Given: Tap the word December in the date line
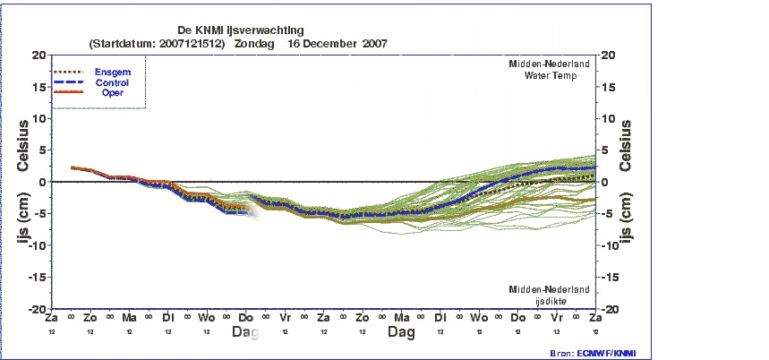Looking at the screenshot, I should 335,43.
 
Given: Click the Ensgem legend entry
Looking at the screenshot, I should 114,72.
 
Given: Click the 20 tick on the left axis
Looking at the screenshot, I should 38,55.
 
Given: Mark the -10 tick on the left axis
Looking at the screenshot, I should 37,245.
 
